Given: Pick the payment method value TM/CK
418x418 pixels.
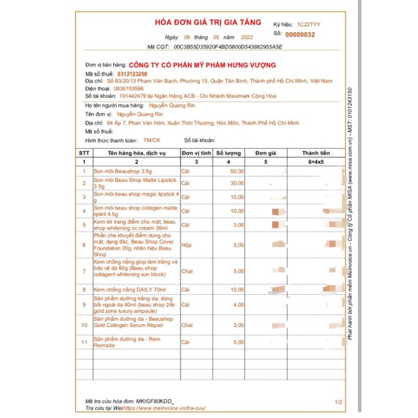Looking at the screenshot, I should pyautogui.click(x=152, y=142).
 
